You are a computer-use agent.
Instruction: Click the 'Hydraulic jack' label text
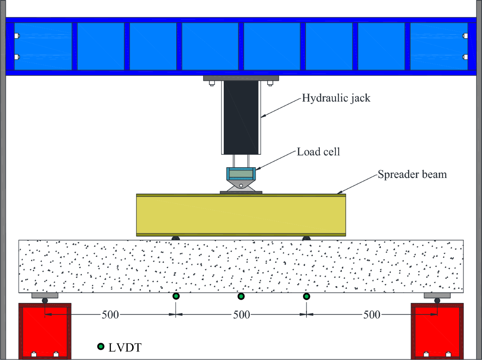(336, 98)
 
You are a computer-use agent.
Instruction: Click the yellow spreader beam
(241, 215)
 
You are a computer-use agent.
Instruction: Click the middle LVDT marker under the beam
(241, 297)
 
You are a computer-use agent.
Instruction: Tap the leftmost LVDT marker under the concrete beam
(176, 297)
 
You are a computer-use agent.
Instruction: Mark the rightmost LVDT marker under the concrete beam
(306, 297)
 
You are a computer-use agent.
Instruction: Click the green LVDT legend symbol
(100, 346)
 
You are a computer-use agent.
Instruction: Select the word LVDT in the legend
(124, 347)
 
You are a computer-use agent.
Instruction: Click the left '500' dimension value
(110, 315)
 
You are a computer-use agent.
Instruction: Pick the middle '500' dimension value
(241, 315)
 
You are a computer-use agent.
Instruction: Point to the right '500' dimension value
(372, 315)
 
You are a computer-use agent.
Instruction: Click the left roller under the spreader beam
(176, 238)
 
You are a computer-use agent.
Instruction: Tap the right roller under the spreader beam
(306, 238)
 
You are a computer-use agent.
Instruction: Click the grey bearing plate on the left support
(45, 296)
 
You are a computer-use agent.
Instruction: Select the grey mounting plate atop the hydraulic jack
(241, 78)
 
